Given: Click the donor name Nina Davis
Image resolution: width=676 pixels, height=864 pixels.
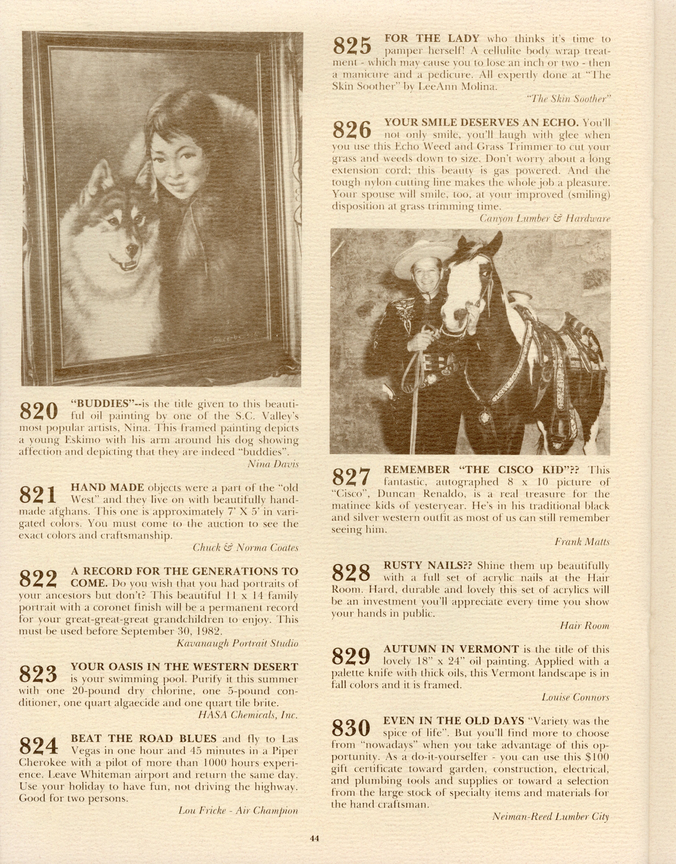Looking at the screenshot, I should pyautogui.click(x=273, y=464).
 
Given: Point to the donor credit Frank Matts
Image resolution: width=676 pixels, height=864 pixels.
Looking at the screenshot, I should pyautogui.click(x=582, y=542).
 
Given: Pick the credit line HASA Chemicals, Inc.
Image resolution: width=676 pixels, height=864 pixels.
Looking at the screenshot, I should pyautogui.click(x=248, y=715).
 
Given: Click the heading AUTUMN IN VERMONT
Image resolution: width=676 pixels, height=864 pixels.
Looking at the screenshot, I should pyautogui.click(x=451, y=649).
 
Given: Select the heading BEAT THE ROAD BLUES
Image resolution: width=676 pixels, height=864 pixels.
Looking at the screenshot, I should pyautogui.click(x=143, y=739).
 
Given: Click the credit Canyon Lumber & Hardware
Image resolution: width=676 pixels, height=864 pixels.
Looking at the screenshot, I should pyautogui.click(x=545, y=218).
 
